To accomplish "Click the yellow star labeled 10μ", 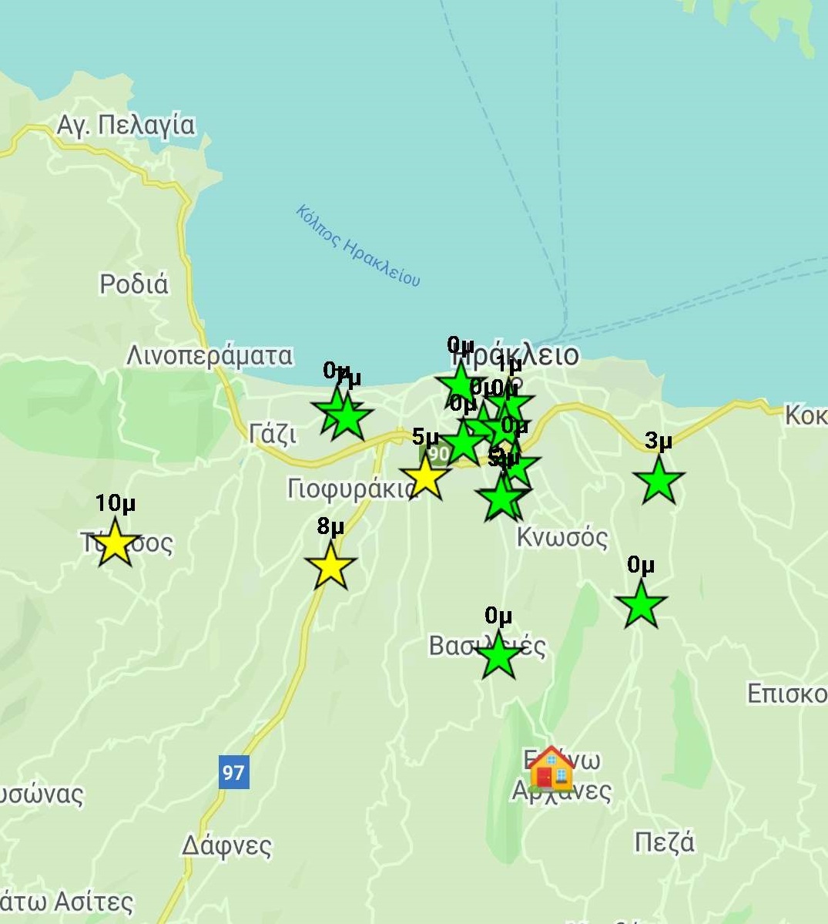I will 115,542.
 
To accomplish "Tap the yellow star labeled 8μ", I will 330,565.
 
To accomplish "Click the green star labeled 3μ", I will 659,480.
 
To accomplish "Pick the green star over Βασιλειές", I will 498,656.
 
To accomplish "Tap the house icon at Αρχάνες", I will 551,768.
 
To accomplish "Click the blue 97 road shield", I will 233,771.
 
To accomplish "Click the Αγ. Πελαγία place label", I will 126,125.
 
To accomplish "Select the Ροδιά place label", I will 134,284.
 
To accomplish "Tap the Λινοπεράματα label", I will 210,356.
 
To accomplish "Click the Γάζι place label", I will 273,435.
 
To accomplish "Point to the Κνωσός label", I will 562,537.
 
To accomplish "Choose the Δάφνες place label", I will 226,845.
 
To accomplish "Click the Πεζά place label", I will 664,842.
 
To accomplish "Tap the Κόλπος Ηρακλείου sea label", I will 359,246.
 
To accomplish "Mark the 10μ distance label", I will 116,503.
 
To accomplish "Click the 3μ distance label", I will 659,441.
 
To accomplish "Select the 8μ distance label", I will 330,526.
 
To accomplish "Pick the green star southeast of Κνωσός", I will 640,604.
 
